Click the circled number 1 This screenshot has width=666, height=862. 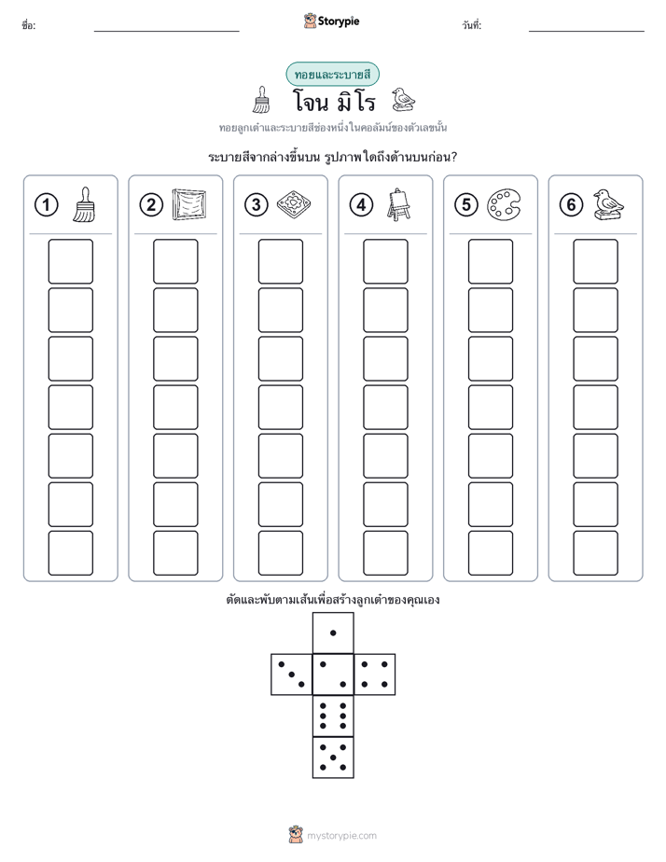(46, 205)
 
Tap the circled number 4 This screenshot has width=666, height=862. (361, 205)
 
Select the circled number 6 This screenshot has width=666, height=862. (571, 205)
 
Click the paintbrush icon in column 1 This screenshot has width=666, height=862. (84, 204)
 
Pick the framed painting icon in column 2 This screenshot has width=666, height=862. (189, 204)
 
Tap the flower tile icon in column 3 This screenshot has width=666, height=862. (294, 204)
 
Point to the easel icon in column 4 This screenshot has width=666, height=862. (398, 204)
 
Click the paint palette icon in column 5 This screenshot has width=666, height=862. (504, 204)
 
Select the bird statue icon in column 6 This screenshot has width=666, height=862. (608, 204)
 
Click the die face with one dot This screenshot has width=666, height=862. (333, 633)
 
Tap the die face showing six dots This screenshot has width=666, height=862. (333, 716)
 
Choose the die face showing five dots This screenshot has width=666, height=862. (333, 758)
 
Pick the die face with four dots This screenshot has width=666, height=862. (375, 674)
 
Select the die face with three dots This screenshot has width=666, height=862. (291, 674)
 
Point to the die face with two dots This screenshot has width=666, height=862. (333, 674)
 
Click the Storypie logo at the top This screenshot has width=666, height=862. (331, 21)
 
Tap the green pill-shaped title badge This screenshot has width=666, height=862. (332, 75)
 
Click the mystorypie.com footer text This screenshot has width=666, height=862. (341, 836)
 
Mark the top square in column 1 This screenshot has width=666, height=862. (70, 261)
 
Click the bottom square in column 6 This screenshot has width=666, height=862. (595, 553)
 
